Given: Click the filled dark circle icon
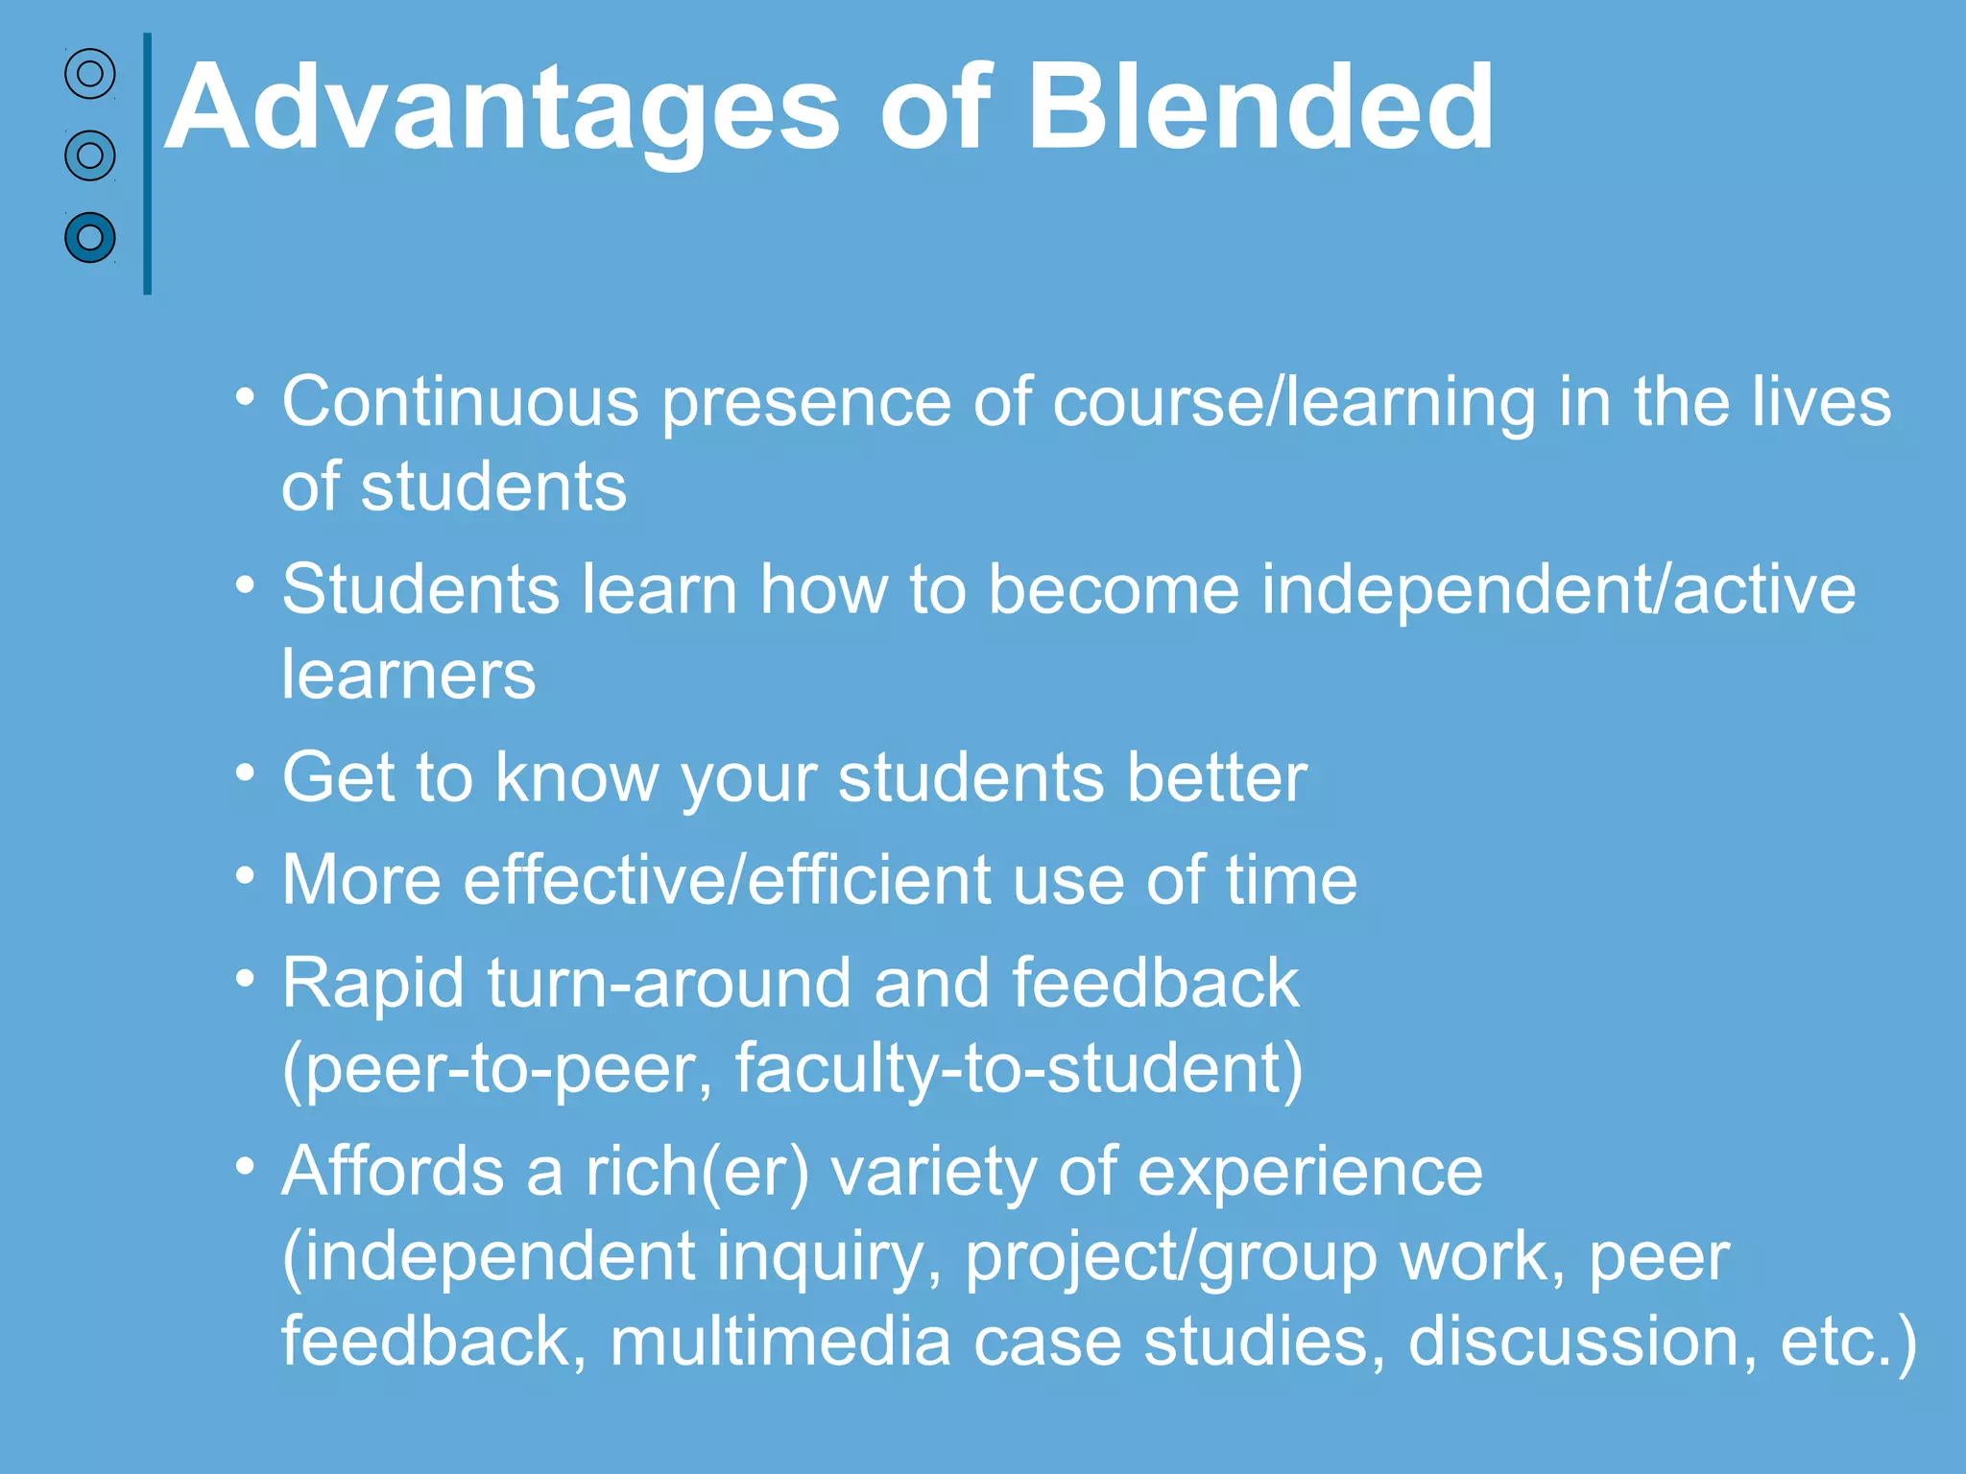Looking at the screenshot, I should (90, 237).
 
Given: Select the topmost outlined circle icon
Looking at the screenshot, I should (90, 74).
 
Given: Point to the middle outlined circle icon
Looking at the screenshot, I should (90, 155).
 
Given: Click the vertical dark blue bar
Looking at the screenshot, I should (147, 163).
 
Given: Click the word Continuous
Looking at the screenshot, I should (460, 401).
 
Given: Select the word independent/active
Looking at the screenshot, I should (1558, 589).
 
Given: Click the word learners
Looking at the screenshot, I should (408, 675).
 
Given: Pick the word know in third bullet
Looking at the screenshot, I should (576, 777).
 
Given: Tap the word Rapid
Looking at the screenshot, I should (373, 985).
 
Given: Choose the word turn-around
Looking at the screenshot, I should (669, 985).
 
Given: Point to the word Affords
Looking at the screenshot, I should (392, 1172).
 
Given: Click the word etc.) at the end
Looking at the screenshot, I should (1848, 1341).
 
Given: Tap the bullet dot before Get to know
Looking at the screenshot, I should (246, 772).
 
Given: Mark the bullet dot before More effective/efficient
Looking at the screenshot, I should (246, 874).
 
